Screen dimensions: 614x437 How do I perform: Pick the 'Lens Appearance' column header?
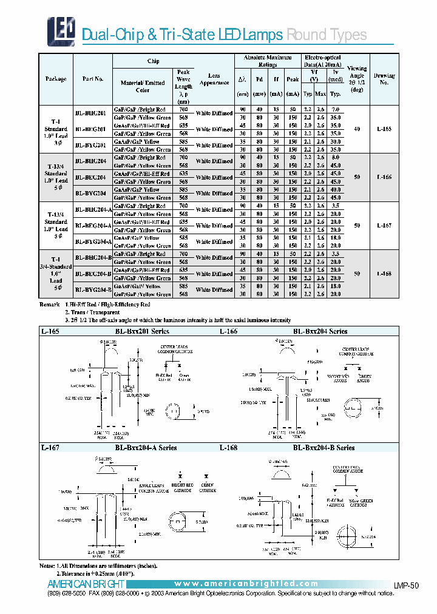click(x=214, y=79)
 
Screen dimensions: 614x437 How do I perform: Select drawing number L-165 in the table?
click(x=384, y=129)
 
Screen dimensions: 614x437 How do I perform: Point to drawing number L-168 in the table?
click(x=384, y=274)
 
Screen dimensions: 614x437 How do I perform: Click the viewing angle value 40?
click(x=356, y=129)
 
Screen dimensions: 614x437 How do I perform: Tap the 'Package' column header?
click(x=56, y=79)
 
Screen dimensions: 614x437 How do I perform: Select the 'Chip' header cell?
click(x=154, y=61)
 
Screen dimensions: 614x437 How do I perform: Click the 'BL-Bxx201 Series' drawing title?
click(x=142, y=331)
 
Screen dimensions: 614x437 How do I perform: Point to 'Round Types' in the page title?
click(x=326, y=35)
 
